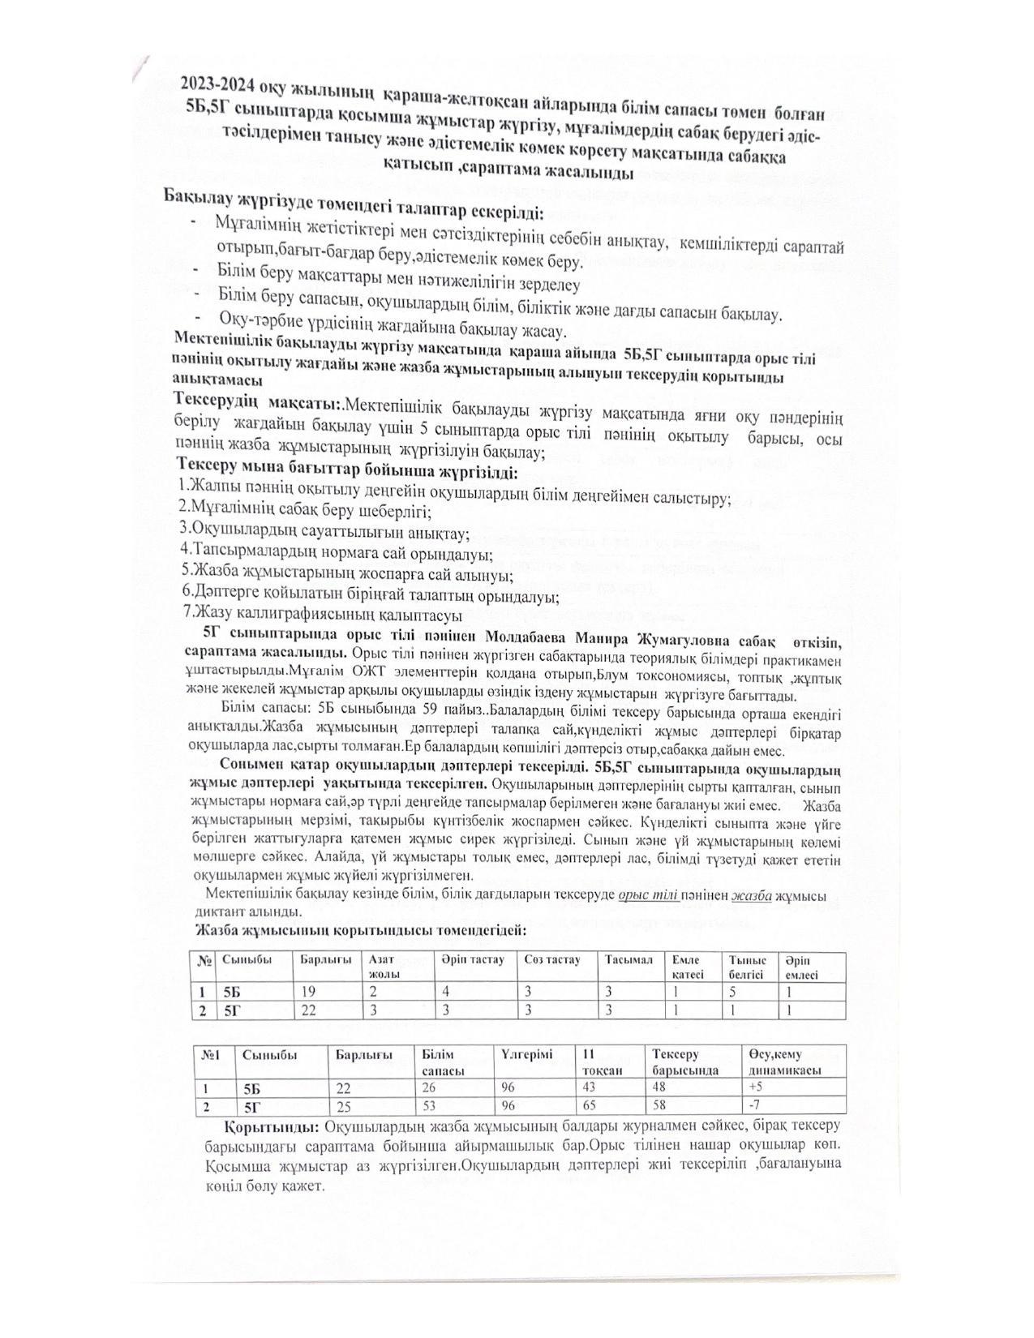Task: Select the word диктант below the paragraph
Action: [x=220, y=912]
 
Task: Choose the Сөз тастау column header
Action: [x=552, y=960]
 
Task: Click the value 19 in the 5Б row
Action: [x=309, y=992]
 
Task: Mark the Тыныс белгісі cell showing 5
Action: [x=733, y=992]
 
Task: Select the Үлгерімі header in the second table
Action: [x=526, y=1055]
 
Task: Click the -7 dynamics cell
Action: [x=754, y=1106]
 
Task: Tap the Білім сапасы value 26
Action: [x=430, y=1087]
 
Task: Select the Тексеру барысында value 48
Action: [x=660, y=1087]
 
